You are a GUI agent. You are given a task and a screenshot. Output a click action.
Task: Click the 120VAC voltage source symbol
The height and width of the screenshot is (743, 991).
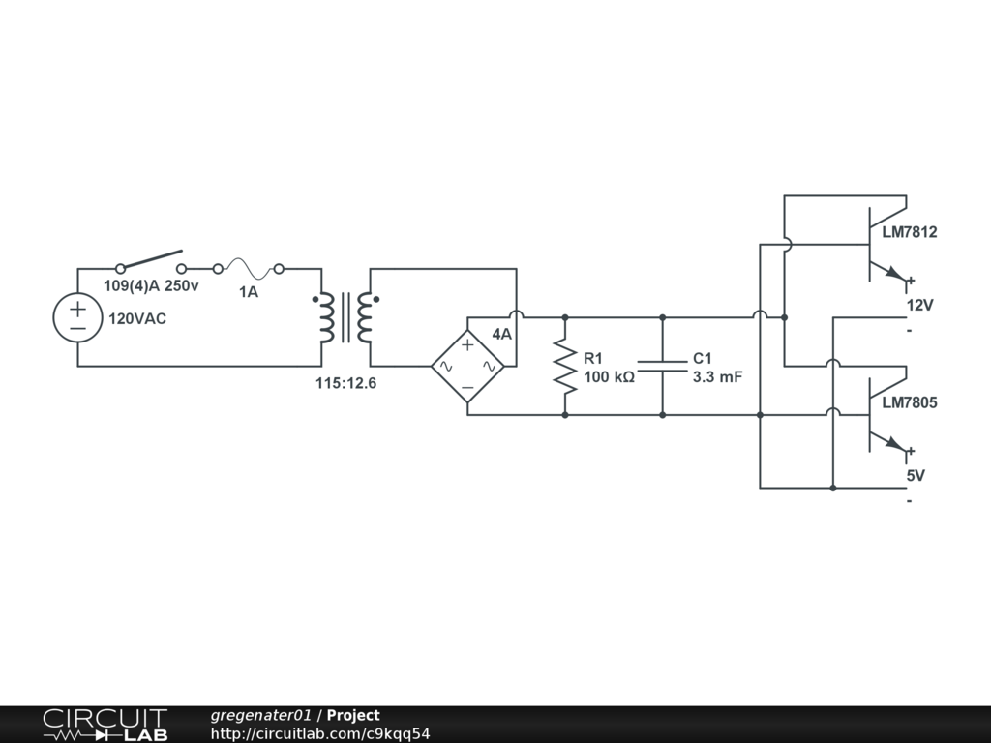click(77, 317)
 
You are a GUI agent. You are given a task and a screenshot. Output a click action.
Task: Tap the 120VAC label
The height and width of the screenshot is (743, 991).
click(137, 318)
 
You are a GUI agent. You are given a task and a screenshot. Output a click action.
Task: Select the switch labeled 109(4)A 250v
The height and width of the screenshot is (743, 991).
click(151, 261)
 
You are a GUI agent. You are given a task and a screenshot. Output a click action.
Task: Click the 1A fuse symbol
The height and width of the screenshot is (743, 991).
click(249, 269)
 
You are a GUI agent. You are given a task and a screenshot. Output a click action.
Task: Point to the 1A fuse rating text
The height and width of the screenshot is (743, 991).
click(249, 292)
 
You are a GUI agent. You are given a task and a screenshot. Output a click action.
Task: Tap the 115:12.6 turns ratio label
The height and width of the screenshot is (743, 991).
click(345, 383)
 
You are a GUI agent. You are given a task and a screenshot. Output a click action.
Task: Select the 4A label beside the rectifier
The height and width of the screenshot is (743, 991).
click(502, 334)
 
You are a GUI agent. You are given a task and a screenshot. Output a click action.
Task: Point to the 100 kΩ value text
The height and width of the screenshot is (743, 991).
click(609, 377)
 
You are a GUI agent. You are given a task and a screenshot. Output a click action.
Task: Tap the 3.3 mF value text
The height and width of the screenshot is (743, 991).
click(717, 377)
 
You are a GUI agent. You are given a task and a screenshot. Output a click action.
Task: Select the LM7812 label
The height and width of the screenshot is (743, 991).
click(910, 232)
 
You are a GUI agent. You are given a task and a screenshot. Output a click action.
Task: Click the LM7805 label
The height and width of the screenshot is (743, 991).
click(910, 402)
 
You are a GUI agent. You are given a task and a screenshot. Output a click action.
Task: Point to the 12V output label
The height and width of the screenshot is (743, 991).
click(919, 305)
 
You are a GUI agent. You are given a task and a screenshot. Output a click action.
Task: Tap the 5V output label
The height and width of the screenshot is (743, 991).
click(916, 476)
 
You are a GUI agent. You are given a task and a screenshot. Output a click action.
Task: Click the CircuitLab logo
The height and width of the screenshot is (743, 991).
click(105, 725)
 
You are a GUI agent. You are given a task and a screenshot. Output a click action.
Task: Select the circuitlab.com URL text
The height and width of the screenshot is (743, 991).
click(319, 733)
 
